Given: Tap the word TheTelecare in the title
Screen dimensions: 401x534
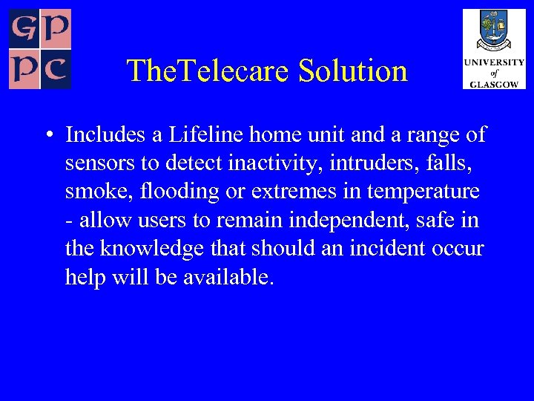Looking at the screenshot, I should click(x=209, y=71).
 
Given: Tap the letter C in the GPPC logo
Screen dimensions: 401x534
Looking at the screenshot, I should click(x=56, y=71).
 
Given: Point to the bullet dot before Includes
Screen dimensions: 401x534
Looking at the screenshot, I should click(x=47, y=136).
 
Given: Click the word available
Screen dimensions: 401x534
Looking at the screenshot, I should click(x=228, y=276).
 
